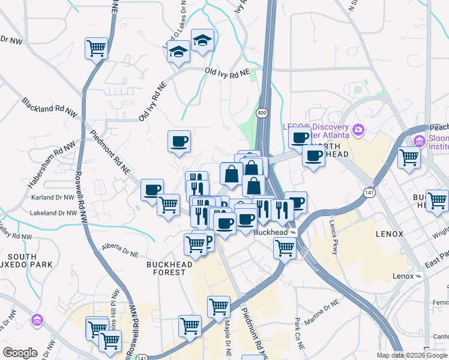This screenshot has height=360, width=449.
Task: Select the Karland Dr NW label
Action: coord(54,196)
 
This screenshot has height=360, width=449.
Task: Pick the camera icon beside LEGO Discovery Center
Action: coord(358,129)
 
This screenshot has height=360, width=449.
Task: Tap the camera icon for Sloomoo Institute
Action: coord(419,141)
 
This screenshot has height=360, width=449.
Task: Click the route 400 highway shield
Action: coord(262,112)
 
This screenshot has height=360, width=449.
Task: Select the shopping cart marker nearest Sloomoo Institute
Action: coord(409,157)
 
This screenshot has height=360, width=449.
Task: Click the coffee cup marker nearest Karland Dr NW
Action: coord(152,190)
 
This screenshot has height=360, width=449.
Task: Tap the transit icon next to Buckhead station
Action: coord(293,232)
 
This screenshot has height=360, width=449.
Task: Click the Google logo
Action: coord(20,353)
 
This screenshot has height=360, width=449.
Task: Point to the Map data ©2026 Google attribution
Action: coord(412,355)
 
